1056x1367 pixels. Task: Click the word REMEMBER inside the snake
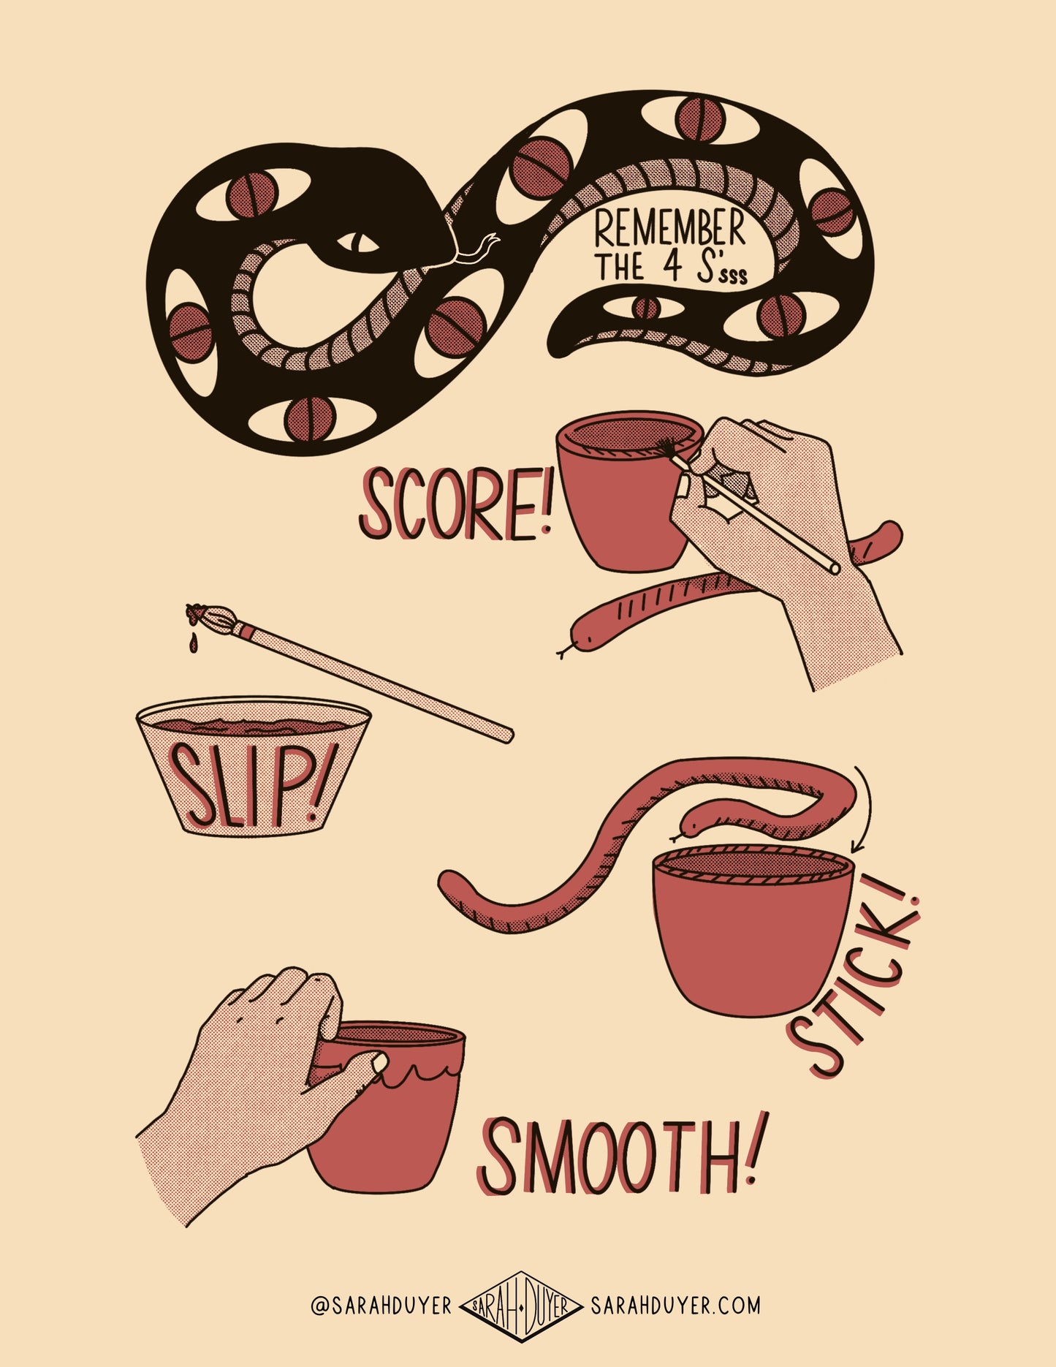pyautogui.click(x=669, y=229)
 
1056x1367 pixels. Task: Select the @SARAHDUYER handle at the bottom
pyautogui.click(x=381, y=1306)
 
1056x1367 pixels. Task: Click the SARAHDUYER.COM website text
pyautogui.click(x=675, y=1305)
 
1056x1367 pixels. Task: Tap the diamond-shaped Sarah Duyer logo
pyautogui.click(x=521, y=1306)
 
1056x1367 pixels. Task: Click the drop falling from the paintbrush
pyautogui.click(x=193, y=644)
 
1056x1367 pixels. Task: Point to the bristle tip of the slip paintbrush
pyautogui.click(x=196, y=613)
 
